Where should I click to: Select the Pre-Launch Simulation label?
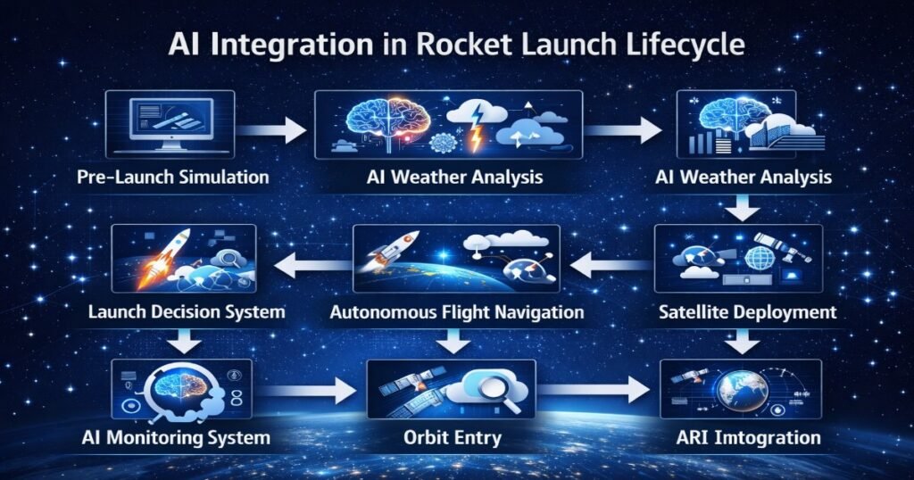171,177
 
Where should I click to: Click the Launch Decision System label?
187,312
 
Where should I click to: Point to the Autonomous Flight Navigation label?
457,312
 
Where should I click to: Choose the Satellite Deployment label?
746,312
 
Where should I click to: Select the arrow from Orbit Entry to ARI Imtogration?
593,390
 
